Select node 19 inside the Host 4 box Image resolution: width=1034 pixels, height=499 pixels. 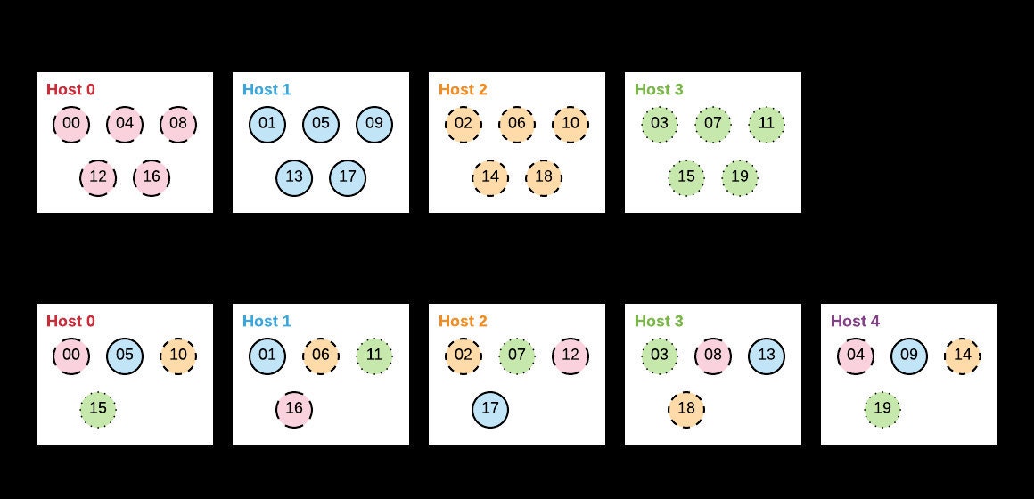[882, 409]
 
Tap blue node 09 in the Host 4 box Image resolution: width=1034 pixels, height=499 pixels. [909, 356]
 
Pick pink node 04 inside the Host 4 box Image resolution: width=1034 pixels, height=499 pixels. [856, 356]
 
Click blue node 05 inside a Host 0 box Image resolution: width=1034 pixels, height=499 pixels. [125, 356]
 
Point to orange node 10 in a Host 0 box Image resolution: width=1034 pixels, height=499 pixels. [178, 356]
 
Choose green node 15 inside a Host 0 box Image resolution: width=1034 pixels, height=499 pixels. [98, 409]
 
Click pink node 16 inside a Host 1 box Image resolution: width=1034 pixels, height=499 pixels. [294, 409]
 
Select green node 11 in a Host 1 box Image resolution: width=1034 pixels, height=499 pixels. [374, 356]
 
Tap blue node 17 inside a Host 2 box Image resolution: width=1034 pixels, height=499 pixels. [490, 409]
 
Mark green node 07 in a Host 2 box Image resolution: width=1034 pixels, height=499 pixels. [517, 356]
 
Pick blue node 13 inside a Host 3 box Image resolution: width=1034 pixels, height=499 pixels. [767, 356]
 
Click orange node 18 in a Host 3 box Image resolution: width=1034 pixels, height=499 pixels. [686, 409]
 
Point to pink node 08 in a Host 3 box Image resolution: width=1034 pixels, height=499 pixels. [713, 356]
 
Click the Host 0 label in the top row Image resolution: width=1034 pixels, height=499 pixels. [70, 89]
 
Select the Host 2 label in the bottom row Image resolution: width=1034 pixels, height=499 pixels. [463, 321]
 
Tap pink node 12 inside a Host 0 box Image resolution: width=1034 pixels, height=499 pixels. [98, 177]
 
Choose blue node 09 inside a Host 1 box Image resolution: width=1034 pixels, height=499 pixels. [374, 124]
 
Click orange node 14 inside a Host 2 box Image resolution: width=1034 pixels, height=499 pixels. [490, 177]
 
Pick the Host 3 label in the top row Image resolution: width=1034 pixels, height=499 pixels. [659, 89]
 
